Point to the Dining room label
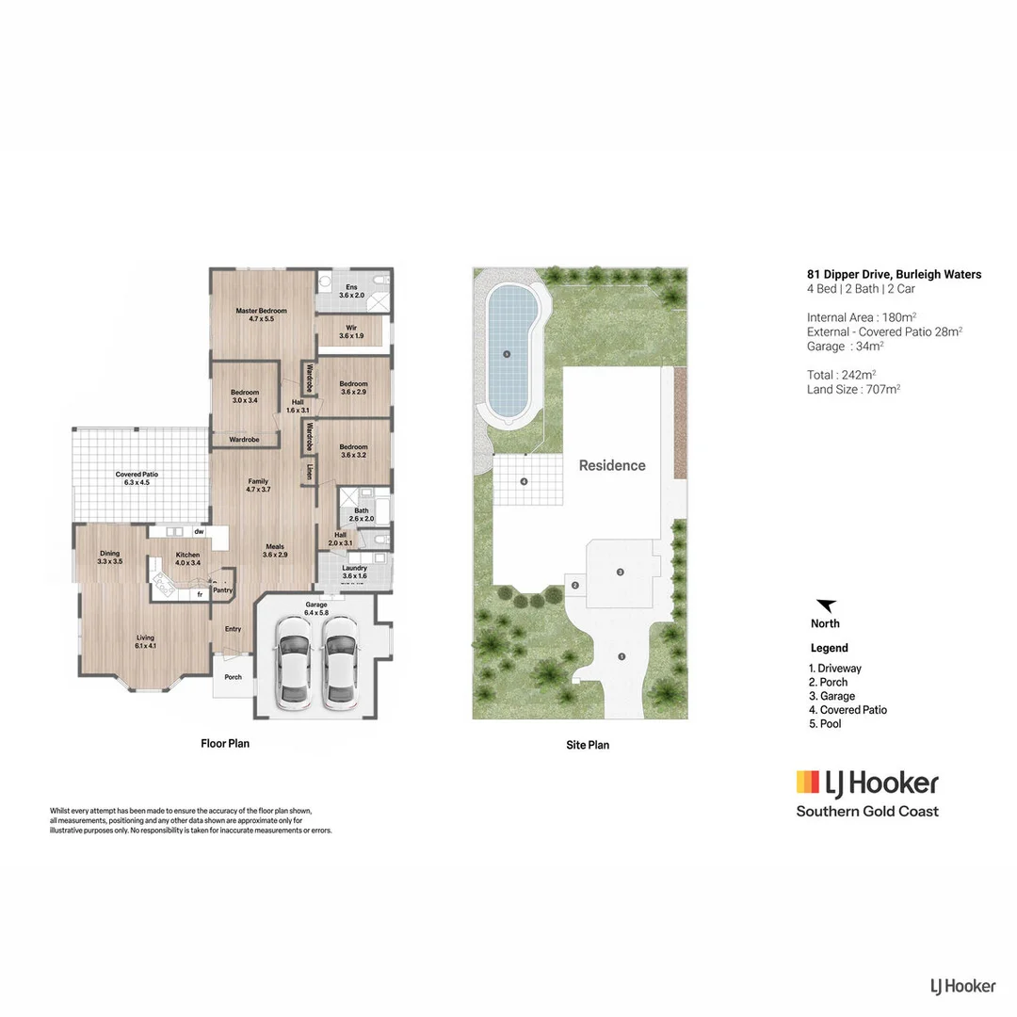[109, 557]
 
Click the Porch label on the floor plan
[232, 677]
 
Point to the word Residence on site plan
[612, 465]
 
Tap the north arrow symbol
[826, 606]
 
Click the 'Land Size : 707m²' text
[853, 389]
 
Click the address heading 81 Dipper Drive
[894, 275]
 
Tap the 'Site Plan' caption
[588, 745]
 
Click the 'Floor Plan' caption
[225, 743]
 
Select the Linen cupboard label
[308, 471]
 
